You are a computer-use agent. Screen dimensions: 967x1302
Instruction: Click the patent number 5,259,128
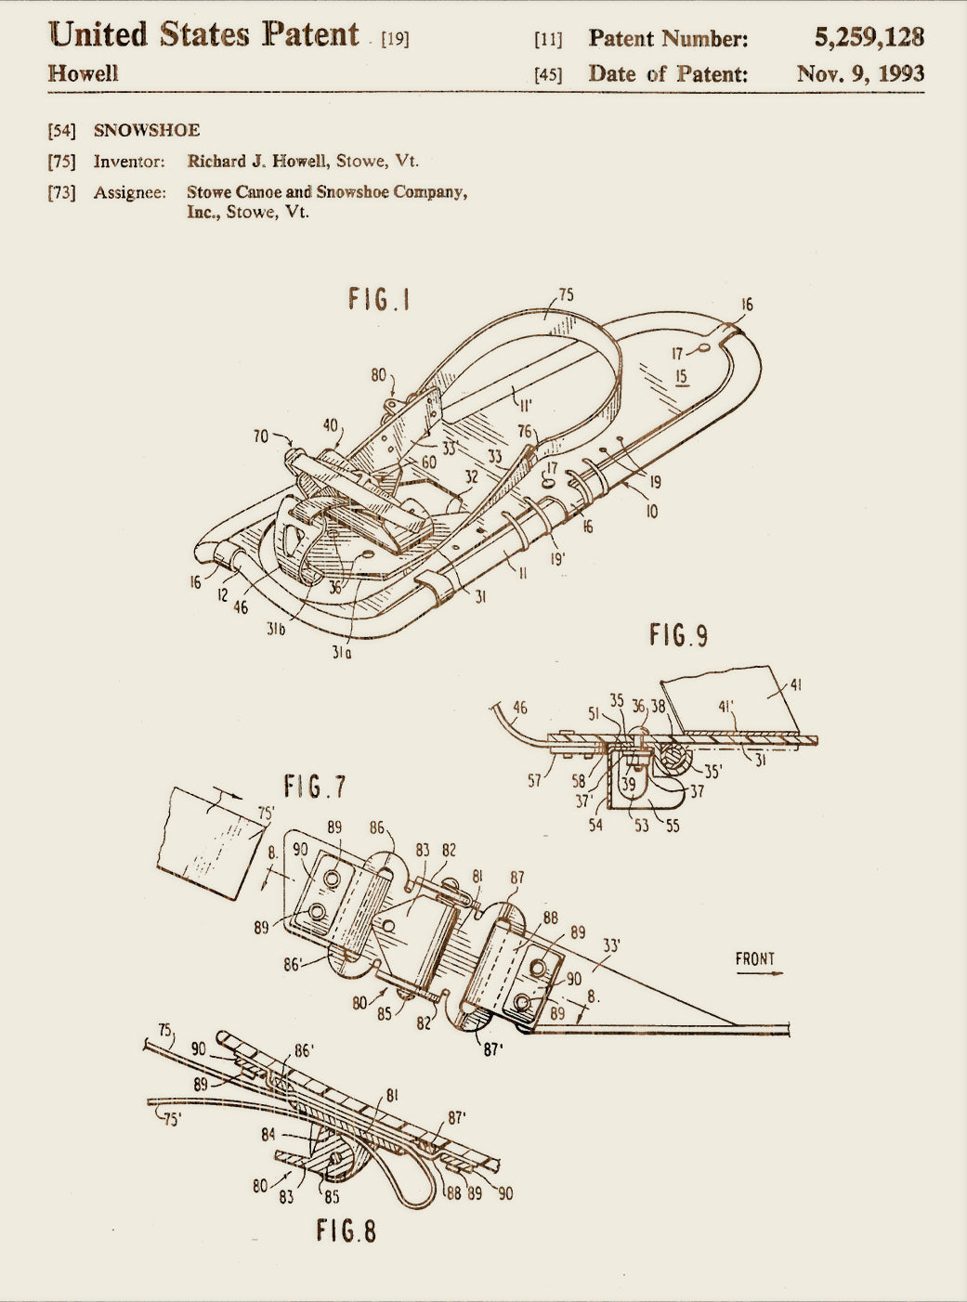point(869,37)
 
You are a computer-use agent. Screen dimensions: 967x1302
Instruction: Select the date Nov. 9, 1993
point(861,73)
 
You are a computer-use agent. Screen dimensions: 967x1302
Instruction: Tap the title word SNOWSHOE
point(147,130)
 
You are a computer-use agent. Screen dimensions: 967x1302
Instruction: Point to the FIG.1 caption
point(379,299)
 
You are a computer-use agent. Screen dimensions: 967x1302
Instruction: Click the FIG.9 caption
point(678,635)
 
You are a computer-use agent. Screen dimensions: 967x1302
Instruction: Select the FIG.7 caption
point(315,787)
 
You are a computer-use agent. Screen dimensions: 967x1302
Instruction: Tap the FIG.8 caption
point(346,1230)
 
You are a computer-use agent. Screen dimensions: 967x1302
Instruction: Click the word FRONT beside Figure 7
point(755,958)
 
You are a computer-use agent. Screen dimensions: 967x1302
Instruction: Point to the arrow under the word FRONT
point(760,973)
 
